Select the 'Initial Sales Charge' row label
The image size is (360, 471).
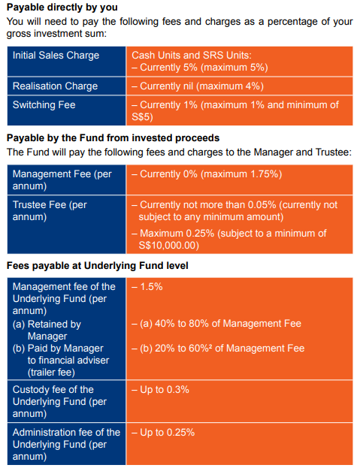tap(56, 56)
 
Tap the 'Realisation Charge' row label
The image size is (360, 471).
tap(55, 86)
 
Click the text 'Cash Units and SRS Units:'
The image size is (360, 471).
tap(191, 56)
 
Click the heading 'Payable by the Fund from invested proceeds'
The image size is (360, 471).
tap(113, 137)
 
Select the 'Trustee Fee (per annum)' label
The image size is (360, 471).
tap(50, 210)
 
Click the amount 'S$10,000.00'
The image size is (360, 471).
tap(168, 245)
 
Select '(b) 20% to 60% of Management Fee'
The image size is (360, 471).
tap(216, 349)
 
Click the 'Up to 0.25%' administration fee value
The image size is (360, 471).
tap(163, 433)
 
